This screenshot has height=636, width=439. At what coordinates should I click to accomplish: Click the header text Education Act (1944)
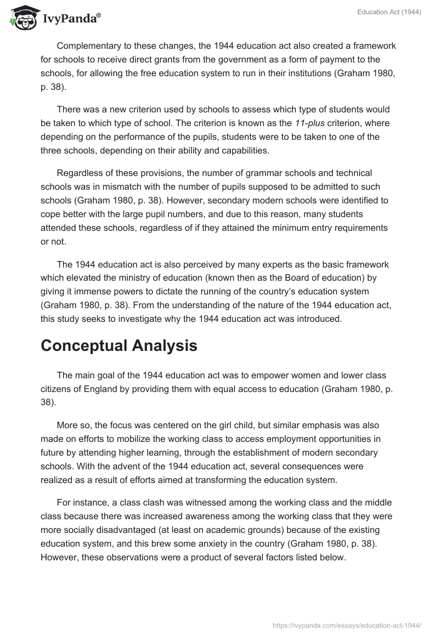pyautogui.click(x=391, y=13)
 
